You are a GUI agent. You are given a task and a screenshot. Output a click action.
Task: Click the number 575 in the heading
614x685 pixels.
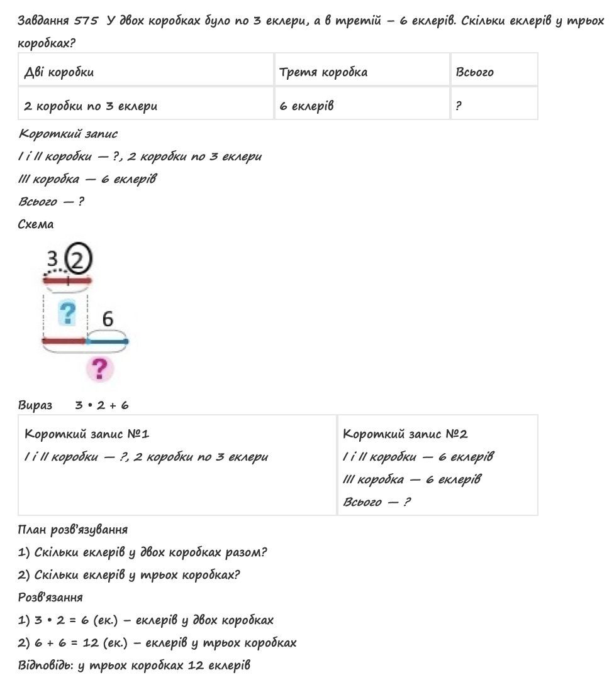[x=86, y=20]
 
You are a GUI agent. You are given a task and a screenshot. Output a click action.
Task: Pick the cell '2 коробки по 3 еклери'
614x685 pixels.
[x=91, y=106]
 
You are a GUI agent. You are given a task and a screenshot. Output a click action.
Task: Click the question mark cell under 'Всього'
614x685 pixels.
[x=459, y=106]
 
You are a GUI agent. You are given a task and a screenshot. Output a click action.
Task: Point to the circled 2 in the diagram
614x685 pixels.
[x=79, y=258]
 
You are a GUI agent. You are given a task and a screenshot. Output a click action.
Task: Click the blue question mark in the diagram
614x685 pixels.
[x=67, y=312]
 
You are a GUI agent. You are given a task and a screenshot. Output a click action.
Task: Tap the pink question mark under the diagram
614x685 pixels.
[x=99, y=369]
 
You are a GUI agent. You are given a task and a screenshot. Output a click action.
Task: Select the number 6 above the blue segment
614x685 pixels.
[x=108, y=319]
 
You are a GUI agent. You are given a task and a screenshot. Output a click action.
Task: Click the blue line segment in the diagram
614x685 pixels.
[x=107, y=341]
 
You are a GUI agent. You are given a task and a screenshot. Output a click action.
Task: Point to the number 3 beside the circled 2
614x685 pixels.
[x=53, y=259]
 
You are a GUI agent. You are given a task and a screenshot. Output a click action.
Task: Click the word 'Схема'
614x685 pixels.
[x=36, y=224]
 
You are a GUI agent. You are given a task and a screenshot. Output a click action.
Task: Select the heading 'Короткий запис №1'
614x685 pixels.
[x=87, y=434]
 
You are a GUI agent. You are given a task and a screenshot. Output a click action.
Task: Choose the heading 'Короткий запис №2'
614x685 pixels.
[x=405, y=434]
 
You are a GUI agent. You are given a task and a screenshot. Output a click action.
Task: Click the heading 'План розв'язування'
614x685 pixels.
[x=73, y=529]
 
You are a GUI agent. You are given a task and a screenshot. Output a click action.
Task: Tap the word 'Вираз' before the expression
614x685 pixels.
[x=35, y=405]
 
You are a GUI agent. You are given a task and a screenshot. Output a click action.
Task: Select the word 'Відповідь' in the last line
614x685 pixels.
[x=45, y=665]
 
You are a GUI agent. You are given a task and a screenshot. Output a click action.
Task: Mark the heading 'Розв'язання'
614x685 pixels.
[x=50, y=597]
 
